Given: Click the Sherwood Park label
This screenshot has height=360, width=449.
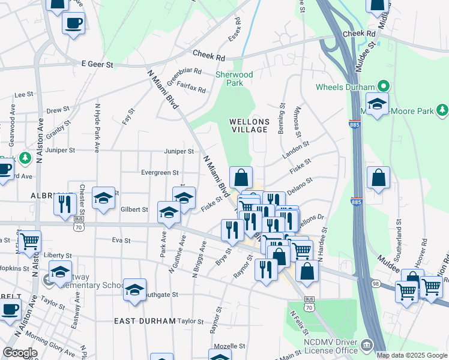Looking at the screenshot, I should click(x=234, y=79).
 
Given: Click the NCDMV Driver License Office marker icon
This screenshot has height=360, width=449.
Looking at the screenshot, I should click(x=366, y=346).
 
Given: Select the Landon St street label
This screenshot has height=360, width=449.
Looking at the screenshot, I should click(x=297, y=148).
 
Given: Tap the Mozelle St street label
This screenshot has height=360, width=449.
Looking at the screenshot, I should click(x=231, y=347).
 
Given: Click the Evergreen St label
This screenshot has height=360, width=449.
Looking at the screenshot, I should click(x=160, y=173).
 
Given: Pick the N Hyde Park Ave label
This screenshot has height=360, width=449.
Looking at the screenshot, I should click(x=97, y=127).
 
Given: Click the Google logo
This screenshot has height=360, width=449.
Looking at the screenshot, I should click(x=20, y=353).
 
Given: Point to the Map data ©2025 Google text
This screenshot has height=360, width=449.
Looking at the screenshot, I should click(x=412, y=355).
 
